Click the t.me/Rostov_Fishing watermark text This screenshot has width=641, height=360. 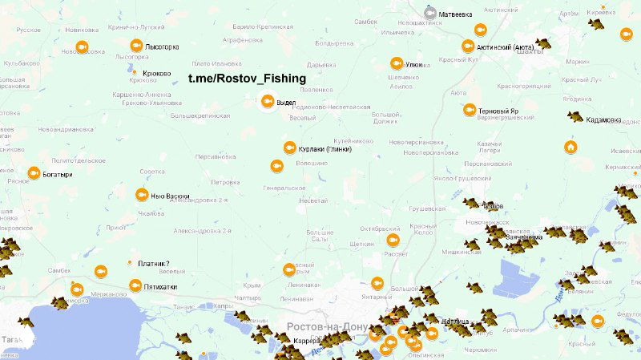pos(247,78)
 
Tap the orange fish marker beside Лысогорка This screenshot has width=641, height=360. pos(136,47)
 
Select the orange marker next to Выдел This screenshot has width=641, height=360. pos(268,102)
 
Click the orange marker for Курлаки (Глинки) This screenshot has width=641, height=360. pos(290,148)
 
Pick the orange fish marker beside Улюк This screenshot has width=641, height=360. pos(396,63)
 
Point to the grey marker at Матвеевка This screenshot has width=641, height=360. pos(430,14)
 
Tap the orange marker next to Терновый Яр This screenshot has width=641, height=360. pos(469,111)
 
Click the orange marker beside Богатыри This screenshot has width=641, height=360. pos(34,173)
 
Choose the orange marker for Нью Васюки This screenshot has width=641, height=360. pos(141,194)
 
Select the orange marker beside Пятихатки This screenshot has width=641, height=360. pos(135,285)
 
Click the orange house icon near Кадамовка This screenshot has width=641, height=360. pos(570,147)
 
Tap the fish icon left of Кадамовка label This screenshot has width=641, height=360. pos(575,117)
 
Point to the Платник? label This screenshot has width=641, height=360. pos(154,264)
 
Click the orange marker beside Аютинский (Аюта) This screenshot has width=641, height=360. pos(469,47)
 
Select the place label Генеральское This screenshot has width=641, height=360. pos(285,188)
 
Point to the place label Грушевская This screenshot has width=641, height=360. pos(427,208)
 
